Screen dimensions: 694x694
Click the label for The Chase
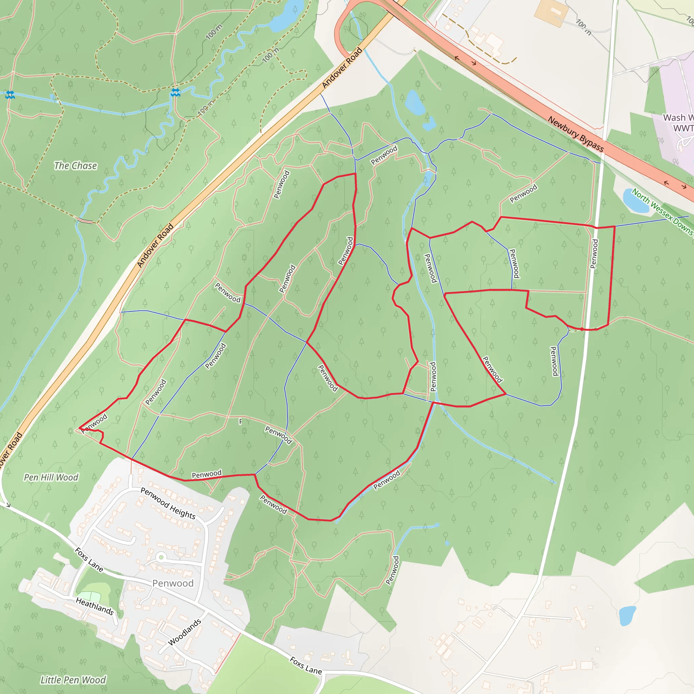point(76,166)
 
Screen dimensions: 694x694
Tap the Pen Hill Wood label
point(51,477)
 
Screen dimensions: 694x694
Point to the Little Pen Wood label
point(73,680)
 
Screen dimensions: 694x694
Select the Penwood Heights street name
point(168,504)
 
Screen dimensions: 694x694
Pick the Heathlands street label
point(95,606)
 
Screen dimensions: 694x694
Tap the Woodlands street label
point(185,632)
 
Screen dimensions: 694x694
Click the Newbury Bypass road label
point(575,134)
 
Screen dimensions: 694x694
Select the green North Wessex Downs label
point(662,212)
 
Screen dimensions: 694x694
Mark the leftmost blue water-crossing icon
point(10,95)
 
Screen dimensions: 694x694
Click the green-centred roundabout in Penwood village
point(161,557)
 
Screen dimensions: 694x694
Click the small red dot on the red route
point(582,329)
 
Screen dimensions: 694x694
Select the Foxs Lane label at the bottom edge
point(306,666)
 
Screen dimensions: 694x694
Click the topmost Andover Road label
point(342,67)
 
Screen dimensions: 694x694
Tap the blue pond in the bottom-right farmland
point(627,616)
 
